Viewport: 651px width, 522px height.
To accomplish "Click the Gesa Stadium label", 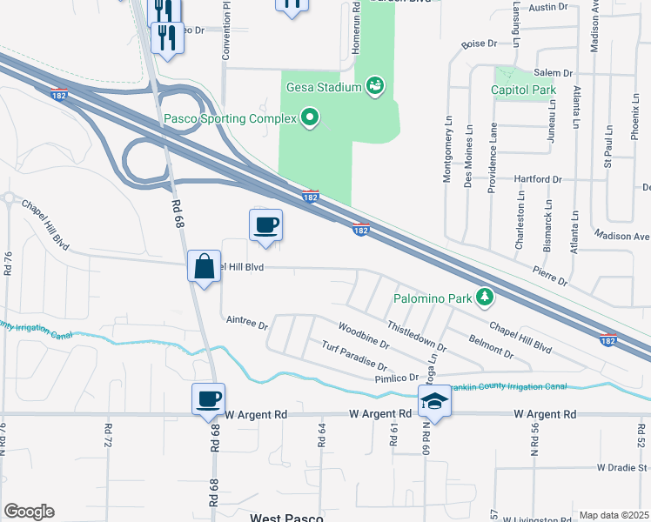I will pyautogui.click(x=323, y=86).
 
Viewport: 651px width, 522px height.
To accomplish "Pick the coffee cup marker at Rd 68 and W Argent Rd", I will pyautogui.click(x=209, y=399).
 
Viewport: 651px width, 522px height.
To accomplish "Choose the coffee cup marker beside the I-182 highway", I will pyautogui.click(x=266, y=225).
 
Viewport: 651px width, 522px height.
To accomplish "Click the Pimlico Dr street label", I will pyautogui.click(x=396, y=378).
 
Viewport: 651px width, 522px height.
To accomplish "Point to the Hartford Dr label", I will pyautogui.click(x=539, y=179).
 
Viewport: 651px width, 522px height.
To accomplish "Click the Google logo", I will pyautogui.click(x=29, y=512).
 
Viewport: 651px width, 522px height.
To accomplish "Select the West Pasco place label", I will pyautogui.click(x=286, y=517).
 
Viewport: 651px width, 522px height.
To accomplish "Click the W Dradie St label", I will pyautogui.click(x=621, y=467).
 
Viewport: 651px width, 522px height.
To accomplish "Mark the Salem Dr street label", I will pyautogui.click(x=554, y=74).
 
